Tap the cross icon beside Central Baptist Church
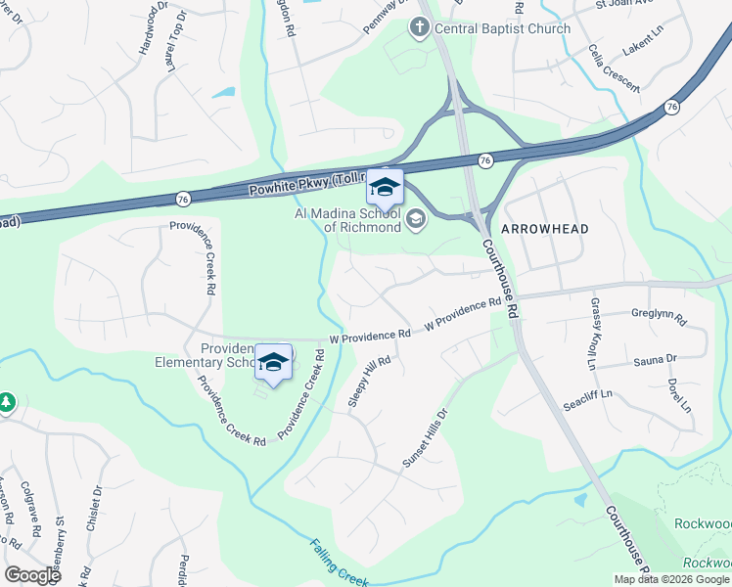point(419,26)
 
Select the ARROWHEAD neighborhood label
point(545,229)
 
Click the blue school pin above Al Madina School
point(385,187)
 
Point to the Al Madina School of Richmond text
point(347,220)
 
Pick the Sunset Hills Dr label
point(425,436)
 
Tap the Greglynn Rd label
point(660,318)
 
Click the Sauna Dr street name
point(656,359)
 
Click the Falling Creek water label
point(339,563)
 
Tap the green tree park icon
point(7,402)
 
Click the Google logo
point(31,574)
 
